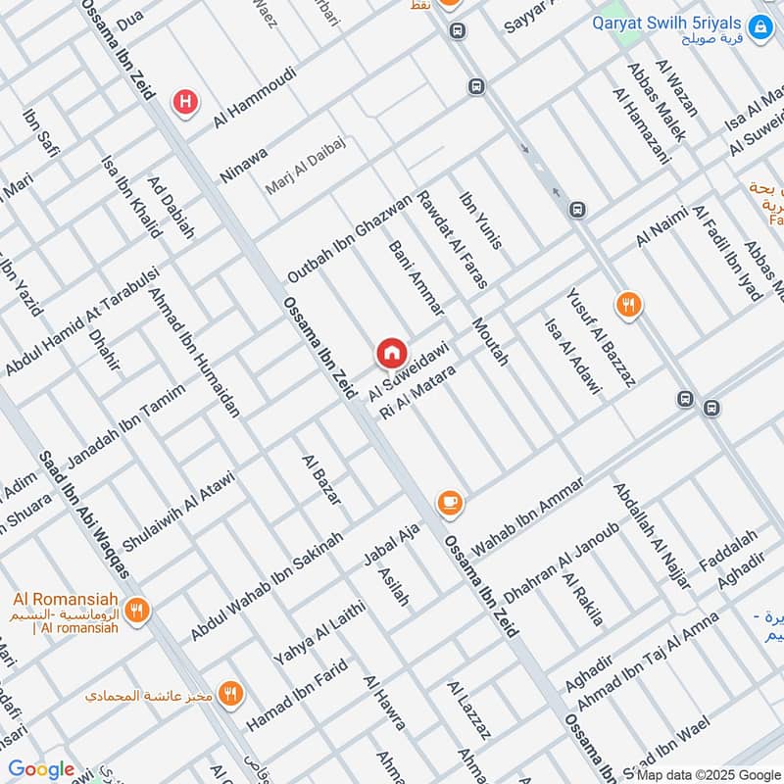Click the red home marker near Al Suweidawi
(x=391, y=352)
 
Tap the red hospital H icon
(x=184, y=100)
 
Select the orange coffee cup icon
(x=450, y=503)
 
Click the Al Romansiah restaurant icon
(x=137, y=610)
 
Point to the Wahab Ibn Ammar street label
(x=528, y=515)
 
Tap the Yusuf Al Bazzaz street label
(x=601, y=337)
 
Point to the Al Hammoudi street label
(x=255, y=97)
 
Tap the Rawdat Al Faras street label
(x=453, y=240)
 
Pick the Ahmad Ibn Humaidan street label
(x=196, y=351)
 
